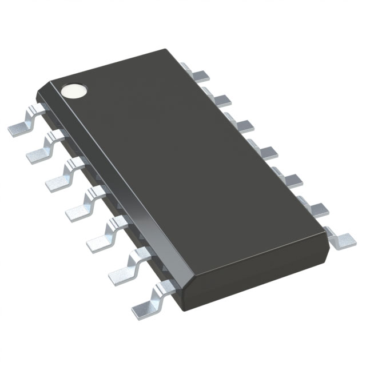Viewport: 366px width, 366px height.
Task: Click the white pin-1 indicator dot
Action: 75,90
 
